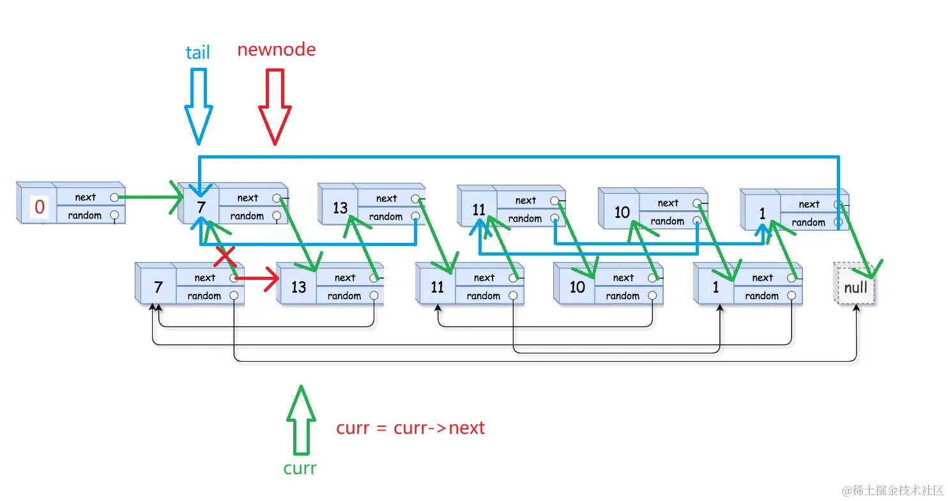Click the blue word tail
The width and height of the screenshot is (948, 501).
pos(197,52)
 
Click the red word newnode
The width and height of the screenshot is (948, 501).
pos(276,50)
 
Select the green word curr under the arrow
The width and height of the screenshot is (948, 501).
pos(300,468)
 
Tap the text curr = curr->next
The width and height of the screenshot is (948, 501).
pos(410,428)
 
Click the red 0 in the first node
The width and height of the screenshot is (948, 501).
pos(40,207)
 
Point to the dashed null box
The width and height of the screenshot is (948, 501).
pos(855,288)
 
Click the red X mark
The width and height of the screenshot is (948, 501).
pos(225,256)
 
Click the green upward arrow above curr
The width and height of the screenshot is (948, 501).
pos(300,419)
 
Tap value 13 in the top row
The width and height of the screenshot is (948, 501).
pos(340,208)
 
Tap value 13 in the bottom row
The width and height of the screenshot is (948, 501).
pos(299,287)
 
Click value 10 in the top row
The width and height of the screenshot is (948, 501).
pos(622,212)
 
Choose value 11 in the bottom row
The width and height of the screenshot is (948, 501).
pos(437,287)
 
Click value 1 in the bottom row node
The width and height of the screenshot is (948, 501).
pos(715,287)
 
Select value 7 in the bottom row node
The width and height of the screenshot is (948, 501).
pos(158,287)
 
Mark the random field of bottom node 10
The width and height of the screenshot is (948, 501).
pos(622,296)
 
